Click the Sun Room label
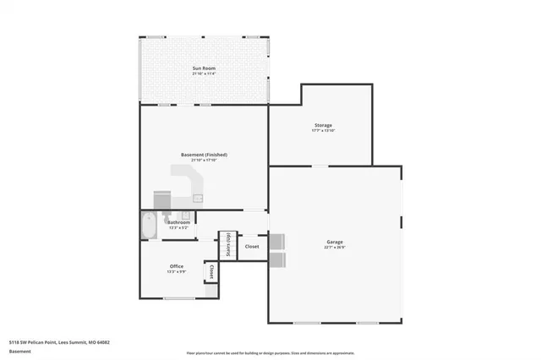pos(204,67)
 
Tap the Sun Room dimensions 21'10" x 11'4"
pos(204,74)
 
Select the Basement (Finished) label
pos(204,155)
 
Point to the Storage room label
pos(323,125)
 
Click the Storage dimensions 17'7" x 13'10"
pos(323,131)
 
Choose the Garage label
pos(335,243)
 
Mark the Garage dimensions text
pos(335,248)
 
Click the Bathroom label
pos(178,222)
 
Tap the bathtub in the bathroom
pos(149,226)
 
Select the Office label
pos(176,266)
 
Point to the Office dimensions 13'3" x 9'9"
pos(176,272)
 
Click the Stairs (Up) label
pos(227,246)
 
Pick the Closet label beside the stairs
pos(252,247)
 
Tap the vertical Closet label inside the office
pos(211,272)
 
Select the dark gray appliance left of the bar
pos(161,199)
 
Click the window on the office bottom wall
pos(178,298)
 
